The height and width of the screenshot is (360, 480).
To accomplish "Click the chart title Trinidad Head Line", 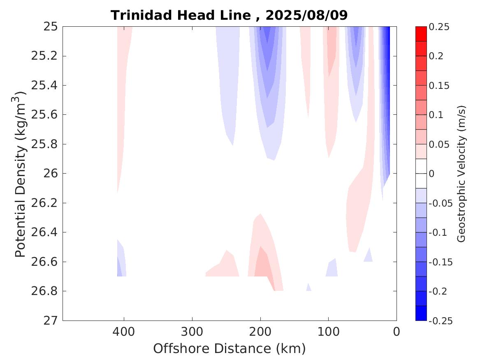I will pyautogui.click(x=180, y=15).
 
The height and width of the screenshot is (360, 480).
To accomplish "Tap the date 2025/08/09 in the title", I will pyautogui.click(x=306, y=15).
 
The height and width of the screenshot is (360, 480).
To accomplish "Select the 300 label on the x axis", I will pyautogui.click(x=192, y=331).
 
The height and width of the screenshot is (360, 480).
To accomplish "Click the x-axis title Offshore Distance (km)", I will pyautogui.click(x=230, y=348).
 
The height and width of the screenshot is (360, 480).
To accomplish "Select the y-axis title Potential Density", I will pyautogui.click(x=21, y=174).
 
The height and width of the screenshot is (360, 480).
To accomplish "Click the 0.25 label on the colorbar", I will pyautogui.click(x=439, y=27).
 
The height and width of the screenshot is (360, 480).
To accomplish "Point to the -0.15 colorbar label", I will pyautogui.click(x=441, y=262).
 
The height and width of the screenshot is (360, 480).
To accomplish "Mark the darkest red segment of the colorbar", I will pyautogui.click(x=421, y=34).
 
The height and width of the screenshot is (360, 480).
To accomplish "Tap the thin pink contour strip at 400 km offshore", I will pyautogui.click(x=122, y=103).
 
